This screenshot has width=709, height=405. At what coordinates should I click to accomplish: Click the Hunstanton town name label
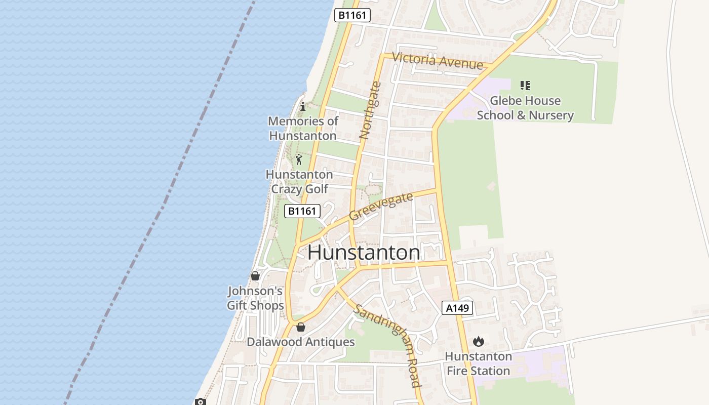coord(364,253)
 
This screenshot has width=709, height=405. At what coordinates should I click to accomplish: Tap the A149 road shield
coord(457,308)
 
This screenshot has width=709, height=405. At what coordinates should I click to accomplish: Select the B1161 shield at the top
coord(352,15)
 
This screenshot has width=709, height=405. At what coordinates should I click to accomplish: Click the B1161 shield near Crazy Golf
coord(302,211)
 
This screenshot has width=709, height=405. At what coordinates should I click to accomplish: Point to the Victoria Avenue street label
coord(438,61)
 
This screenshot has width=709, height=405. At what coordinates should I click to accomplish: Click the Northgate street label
coord(369,110)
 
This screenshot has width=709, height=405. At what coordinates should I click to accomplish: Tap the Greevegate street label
coord(381,206)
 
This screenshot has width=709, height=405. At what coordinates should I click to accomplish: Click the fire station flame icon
coord(479,342)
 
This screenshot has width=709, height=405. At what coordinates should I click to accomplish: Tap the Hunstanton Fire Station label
coord(478,363)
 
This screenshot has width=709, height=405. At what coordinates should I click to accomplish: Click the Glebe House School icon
coord(525,86)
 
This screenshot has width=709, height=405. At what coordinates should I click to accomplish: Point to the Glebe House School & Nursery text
coord(525,108)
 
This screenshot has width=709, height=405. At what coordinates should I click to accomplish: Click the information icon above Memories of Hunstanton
coord(303,106)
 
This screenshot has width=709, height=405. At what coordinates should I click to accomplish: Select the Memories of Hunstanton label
coord(303,128)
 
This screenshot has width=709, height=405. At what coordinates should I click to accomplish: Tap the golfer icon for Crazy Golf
coord(299,160)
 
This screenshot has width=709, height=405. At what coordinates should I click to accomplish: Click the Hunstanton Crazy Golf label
coord(299,182)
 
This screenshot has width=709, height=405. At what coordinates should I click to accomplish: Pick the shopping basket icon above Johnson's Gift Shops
coord(255,276)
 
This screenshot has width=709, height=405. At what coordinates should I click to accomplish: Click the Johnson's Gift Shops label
coord(255,298)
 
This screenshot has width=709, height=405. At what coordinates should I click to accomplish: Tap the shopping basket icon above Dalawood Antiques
coord(301,327)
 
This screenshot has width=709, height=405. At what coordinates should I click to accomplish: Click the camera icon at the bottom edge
coord(201,402)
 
